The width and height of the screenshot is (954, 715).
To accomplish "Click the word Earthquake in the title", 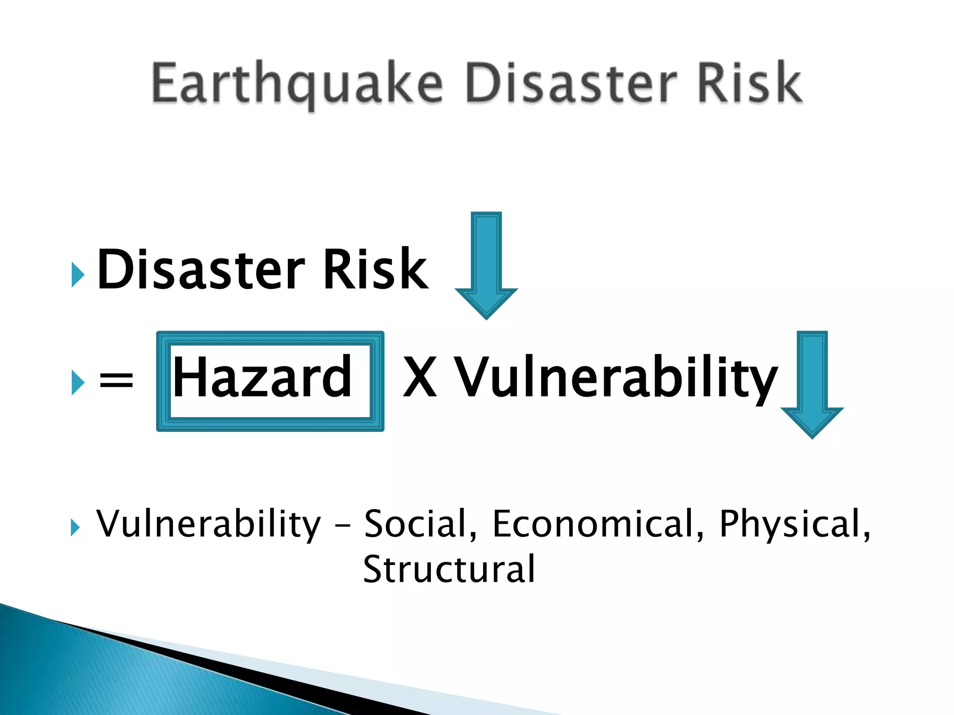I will (296, 84).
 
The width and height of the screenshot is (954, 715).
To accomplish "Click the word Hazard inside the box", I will (262, 377).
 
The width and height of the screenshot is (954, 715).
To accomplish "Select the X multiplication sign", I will (420, 377).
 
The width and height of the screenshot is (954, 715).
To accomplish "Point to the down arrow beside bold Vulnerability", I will (812, 384).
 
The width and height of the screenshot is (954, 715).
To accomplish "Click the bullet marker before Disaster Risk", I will (78, 275).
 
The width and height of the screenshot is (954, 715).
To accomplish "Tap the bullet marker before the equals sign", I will (78, 383).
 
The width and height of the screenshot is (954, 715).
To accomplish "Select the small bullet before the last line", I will (75, 527).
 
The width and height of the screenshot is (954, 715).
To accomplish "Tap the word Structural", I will (449, 569).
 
